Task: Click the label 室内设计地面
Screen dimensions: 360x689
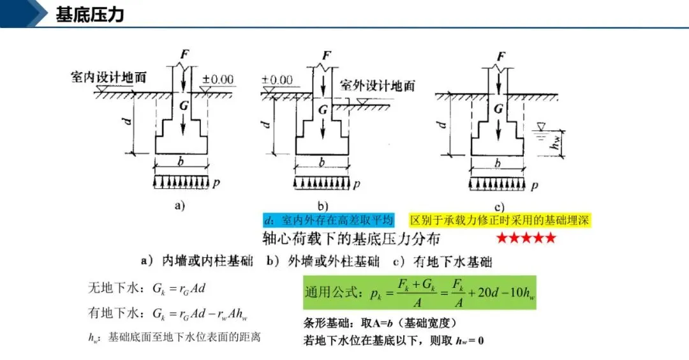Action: click(x=108, y=78)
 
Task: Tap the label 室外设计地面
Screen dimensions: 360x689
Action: click(x=377, y=86)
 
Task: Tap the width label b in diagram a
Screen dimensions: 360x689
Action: click(x=181, y=162)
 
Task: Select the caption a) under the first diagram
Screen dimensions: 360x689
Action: click(x=179, y=206)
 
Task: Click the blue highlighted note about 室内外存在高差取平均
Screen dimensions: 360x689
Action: click(x=329, y=220)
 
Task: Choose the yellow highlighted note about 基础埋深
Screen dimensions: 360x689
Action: click(x=501, y=220)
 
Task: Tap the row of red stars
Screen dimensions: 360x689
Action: click(x=526, y=238)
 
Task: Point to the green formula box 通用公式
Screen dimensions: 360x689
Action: click(x=420, y=293)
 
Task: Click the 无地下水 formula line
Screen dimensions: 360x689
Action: click(x=147, y=288)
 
